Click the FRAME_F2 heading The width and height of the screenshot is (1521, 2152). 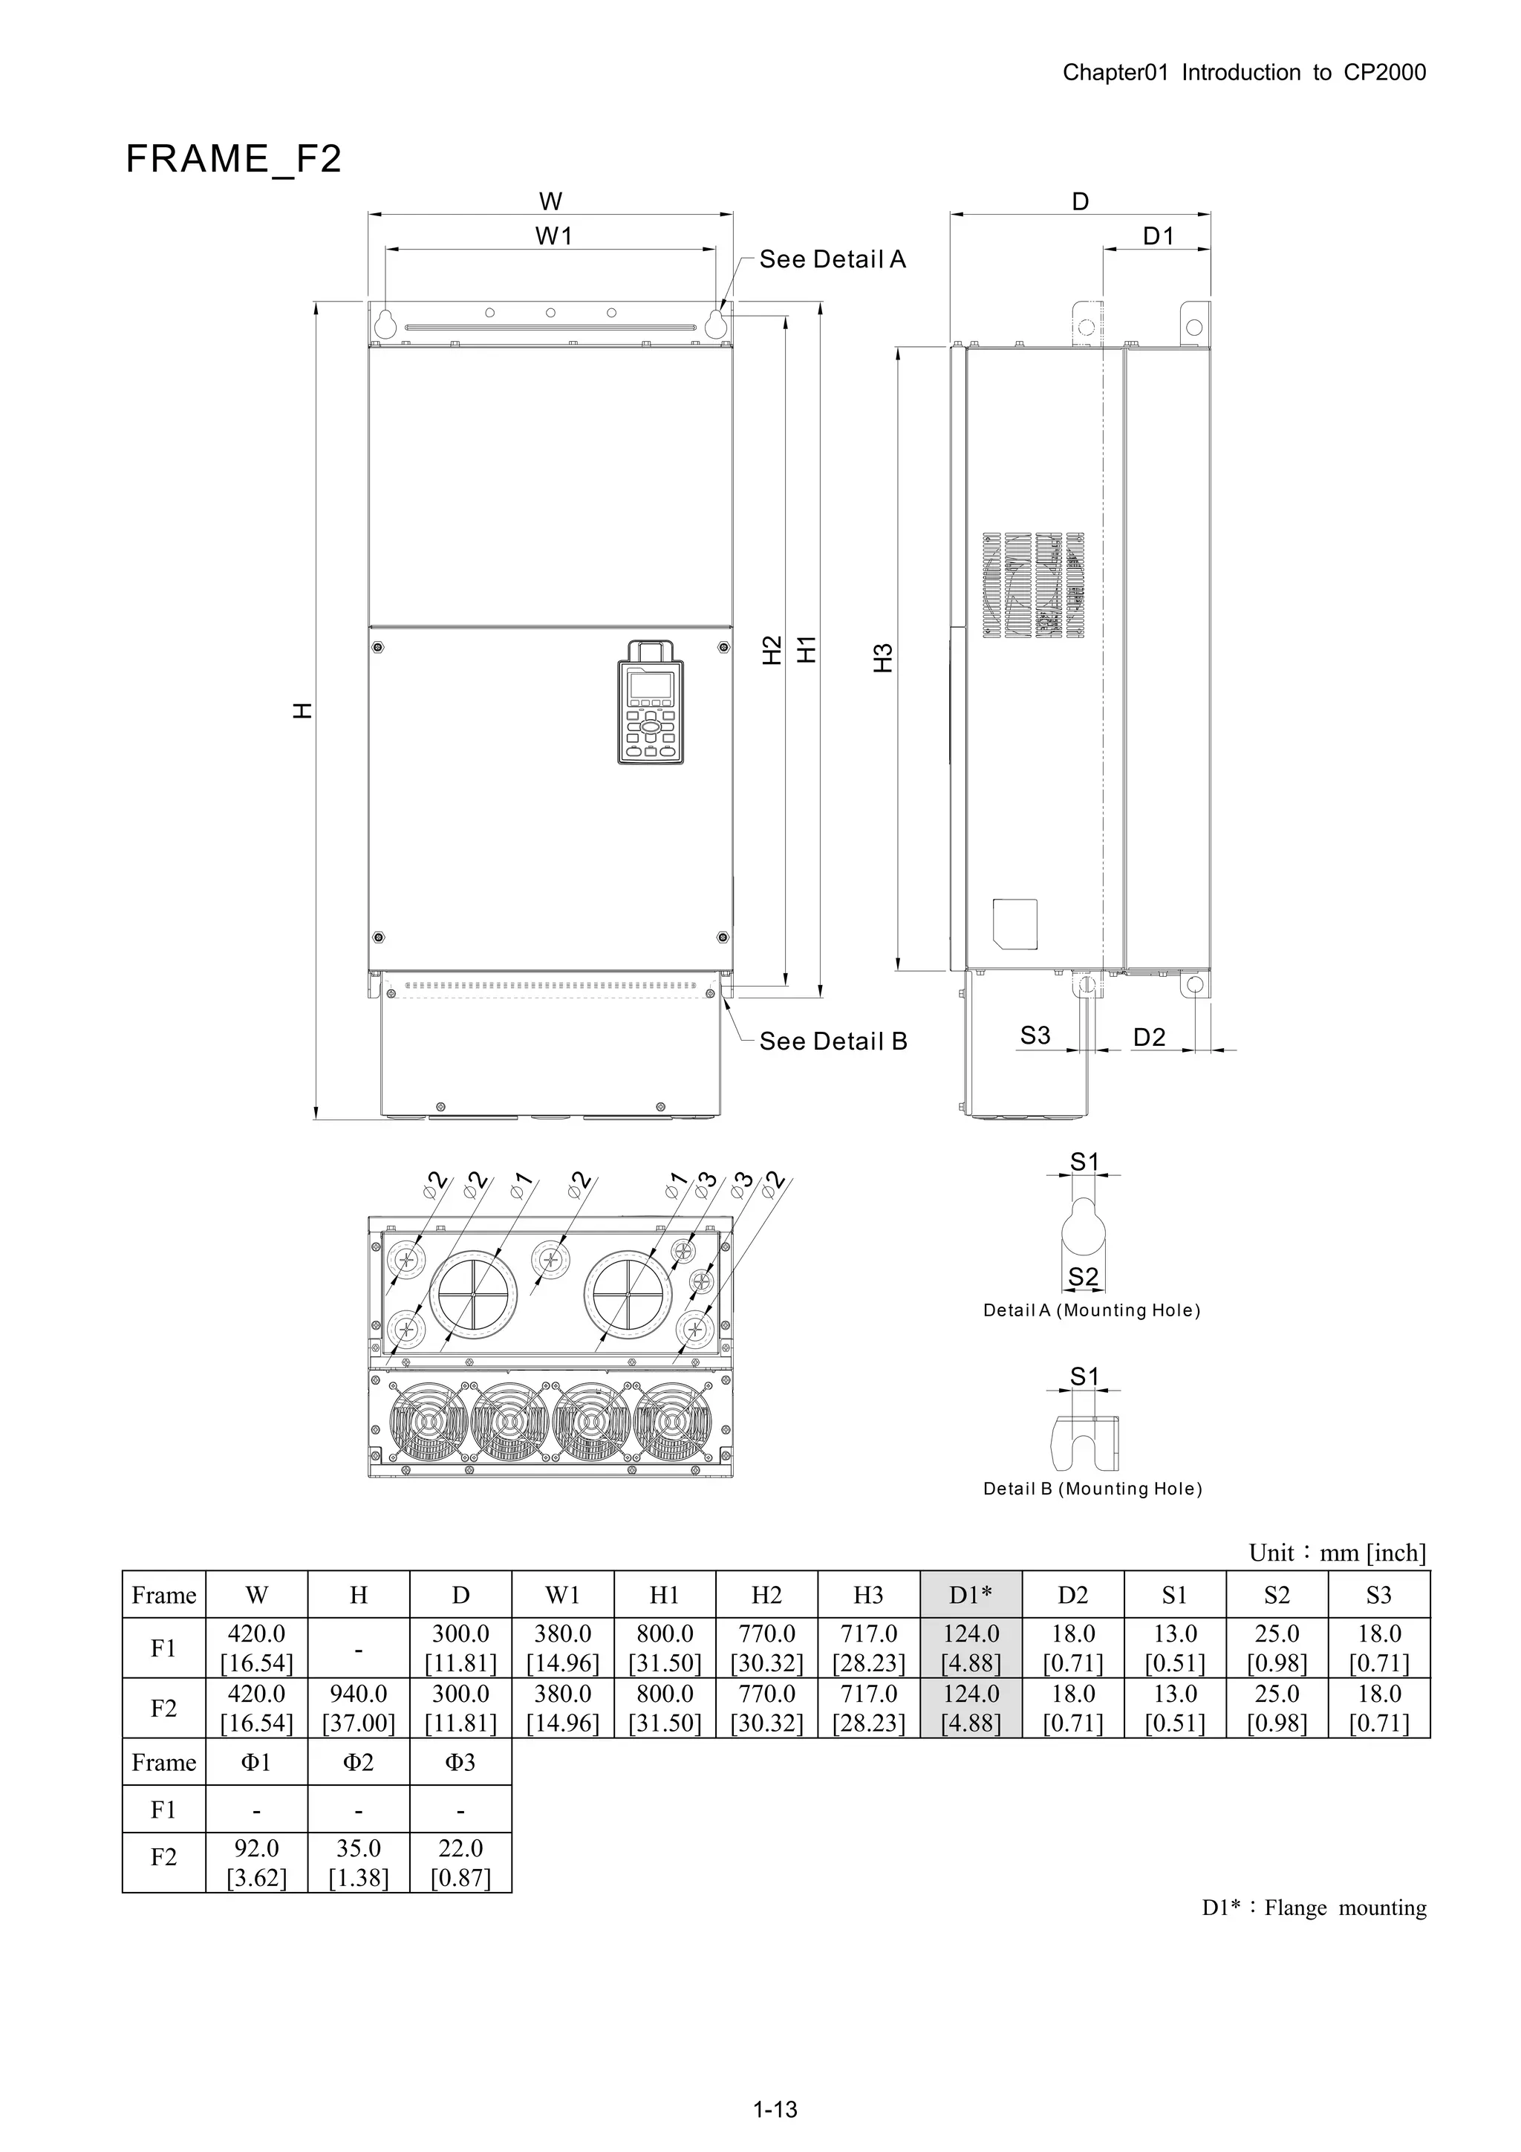pyautogui.click(x=233, y=158)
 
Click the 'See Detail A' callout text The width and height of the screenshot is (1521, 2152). pyautogui.click(x=833, y=260)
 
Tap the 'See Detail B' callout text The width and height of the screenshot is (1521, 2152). pyautogui.click(x=833, y=1041)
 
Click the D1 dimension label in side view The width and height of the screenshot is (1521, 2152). pyautogui.click(x=1159, y=236)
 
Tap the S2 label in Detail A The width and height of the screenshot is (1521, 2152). pyautogui.click(x=1084, y=1277)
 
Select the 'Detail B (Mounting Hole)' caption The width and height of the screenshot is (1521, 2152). pyautogui.click(x=1092, y=1489)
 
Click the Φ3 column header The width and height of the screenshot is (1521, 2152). pyautogui.click(x=460, y=1762)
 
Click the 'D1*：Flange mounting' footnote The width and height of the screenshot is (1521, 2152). pyautogui.click(x=1314, y=1908)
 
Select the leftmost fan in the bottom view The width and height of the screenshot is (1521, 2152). pyautogui.click(x=429, y=1423)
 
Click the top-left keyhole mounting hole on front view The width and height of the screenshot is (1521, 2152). pyautogui.click(x=384, y=323)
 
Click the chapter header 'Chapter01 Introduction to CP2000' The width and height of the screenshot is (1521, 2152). pyautogui.click(x=1243, y=73)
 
